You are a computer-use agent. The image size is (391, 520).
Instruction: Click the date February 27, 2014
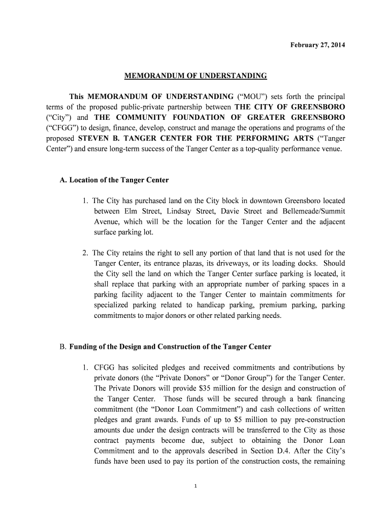317,45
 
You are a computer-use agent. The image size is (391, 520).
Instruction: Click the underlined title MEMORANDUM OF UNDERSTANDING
195,76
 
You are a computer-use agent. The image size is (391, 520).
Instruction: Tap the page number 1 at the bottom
195,486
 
